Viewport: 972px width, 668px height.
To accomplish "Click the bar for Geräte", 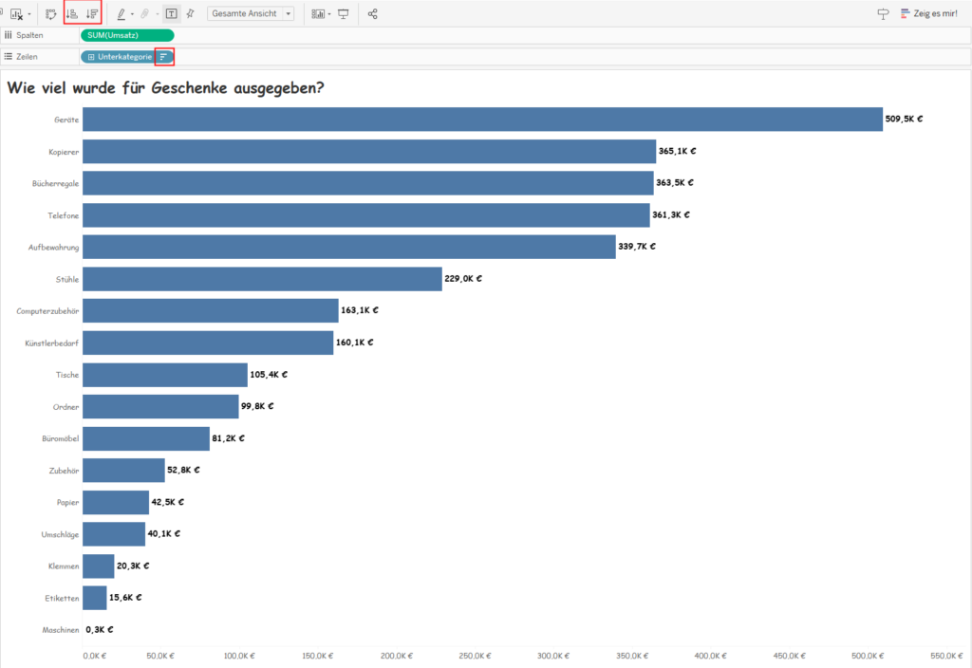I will point(482,119).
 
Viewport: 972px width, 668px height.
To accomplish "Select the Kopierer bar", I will point(369,151).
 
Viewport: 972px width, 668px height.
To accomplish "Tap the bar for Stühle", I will point(262,279).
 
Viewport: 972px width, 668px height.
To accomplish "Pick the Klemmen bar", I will point(99,566).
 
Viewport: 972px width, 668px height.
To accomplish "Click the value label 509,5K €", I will point(904,119).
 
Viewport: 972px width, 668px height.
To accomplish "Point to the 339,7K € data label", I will point(637,247).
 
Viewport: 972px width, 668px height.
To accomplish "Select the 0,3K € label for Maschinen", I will point(100,629).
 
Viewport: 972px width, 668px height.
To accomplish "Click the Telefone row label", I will point(62,215).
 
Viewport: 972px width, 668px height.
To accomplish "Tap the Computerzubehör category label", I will point(47,311).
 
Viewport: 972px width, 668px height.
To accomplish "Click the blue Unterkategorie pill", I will point(119,57).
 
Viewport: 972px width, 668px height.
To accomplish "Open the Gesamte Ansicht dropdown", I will point(251,14).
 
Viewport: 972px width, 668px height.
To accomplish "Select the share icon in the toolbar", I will point(372,14).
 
